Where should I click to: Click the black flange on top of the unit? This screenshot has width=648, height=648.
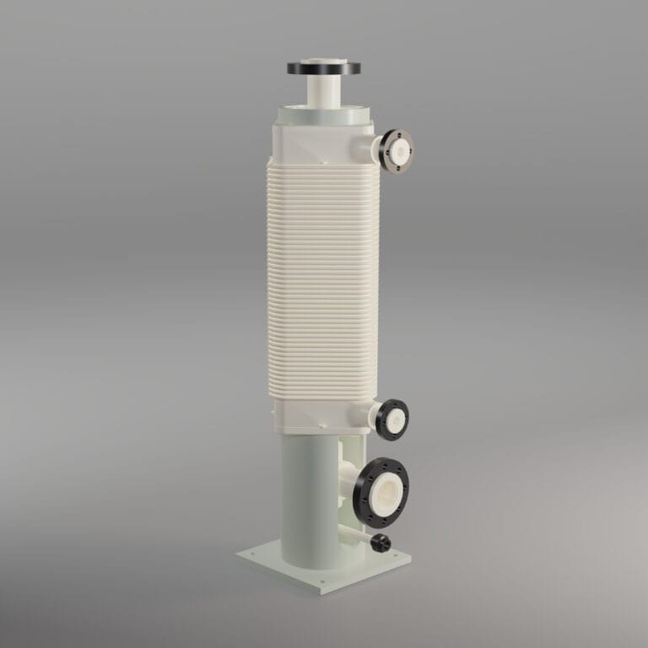[x=323, y=67]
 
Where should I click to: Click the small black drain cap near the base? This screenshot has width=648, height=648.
[x=382, y=541]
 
